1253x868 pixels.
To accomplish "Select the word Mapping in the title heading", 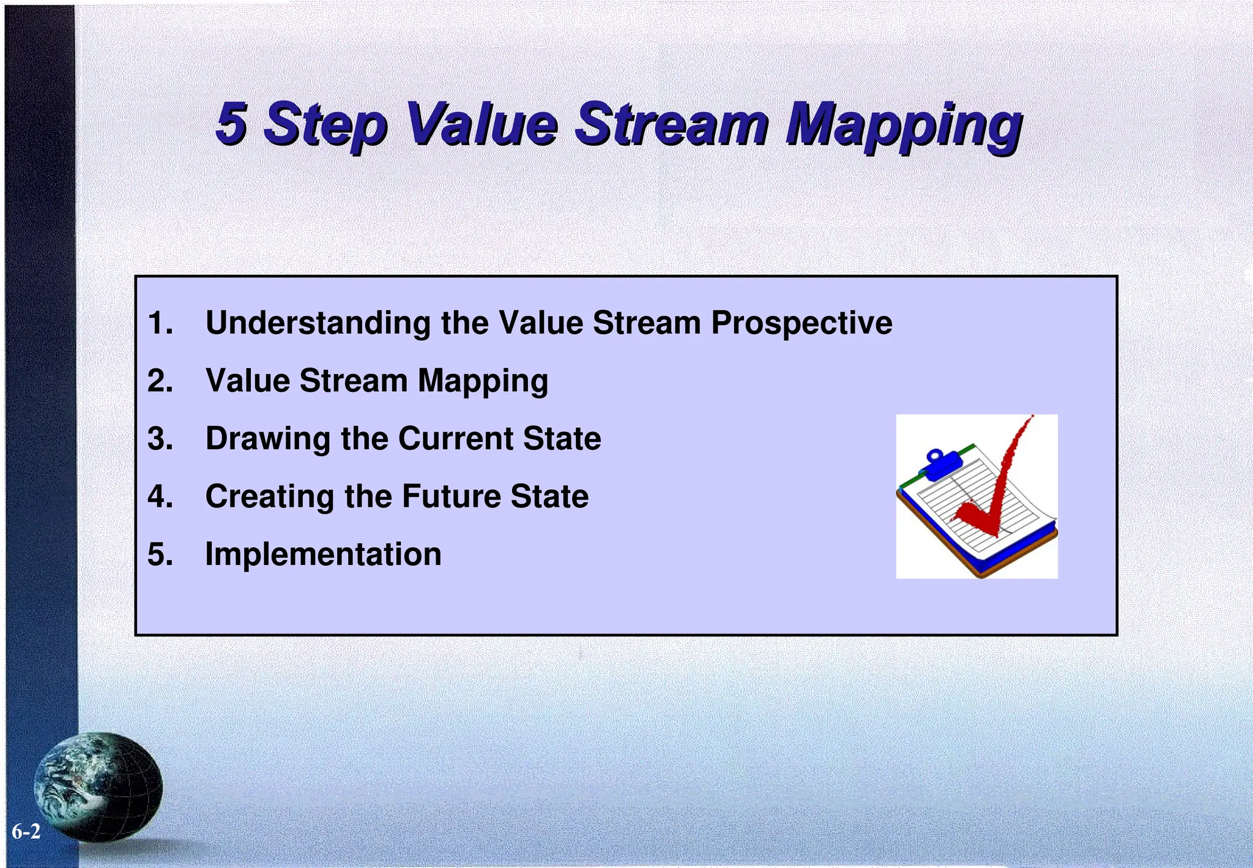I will click(903, 125).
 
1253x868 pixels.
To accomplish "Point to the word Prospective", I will click(801, 323).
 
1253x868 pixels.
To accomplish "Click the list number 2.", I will click(160, 380).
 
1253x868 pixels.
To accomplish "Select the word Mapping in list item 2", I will click(483, 381).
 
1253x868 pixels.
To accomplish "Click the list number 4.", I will click(160, 496).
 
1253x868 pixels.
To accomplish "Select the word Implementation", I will click(323, 554).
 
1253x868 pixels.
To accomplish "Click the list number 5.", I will click(160, 554).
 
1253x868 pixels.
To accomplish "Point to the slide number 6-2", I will click(26, 832).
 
